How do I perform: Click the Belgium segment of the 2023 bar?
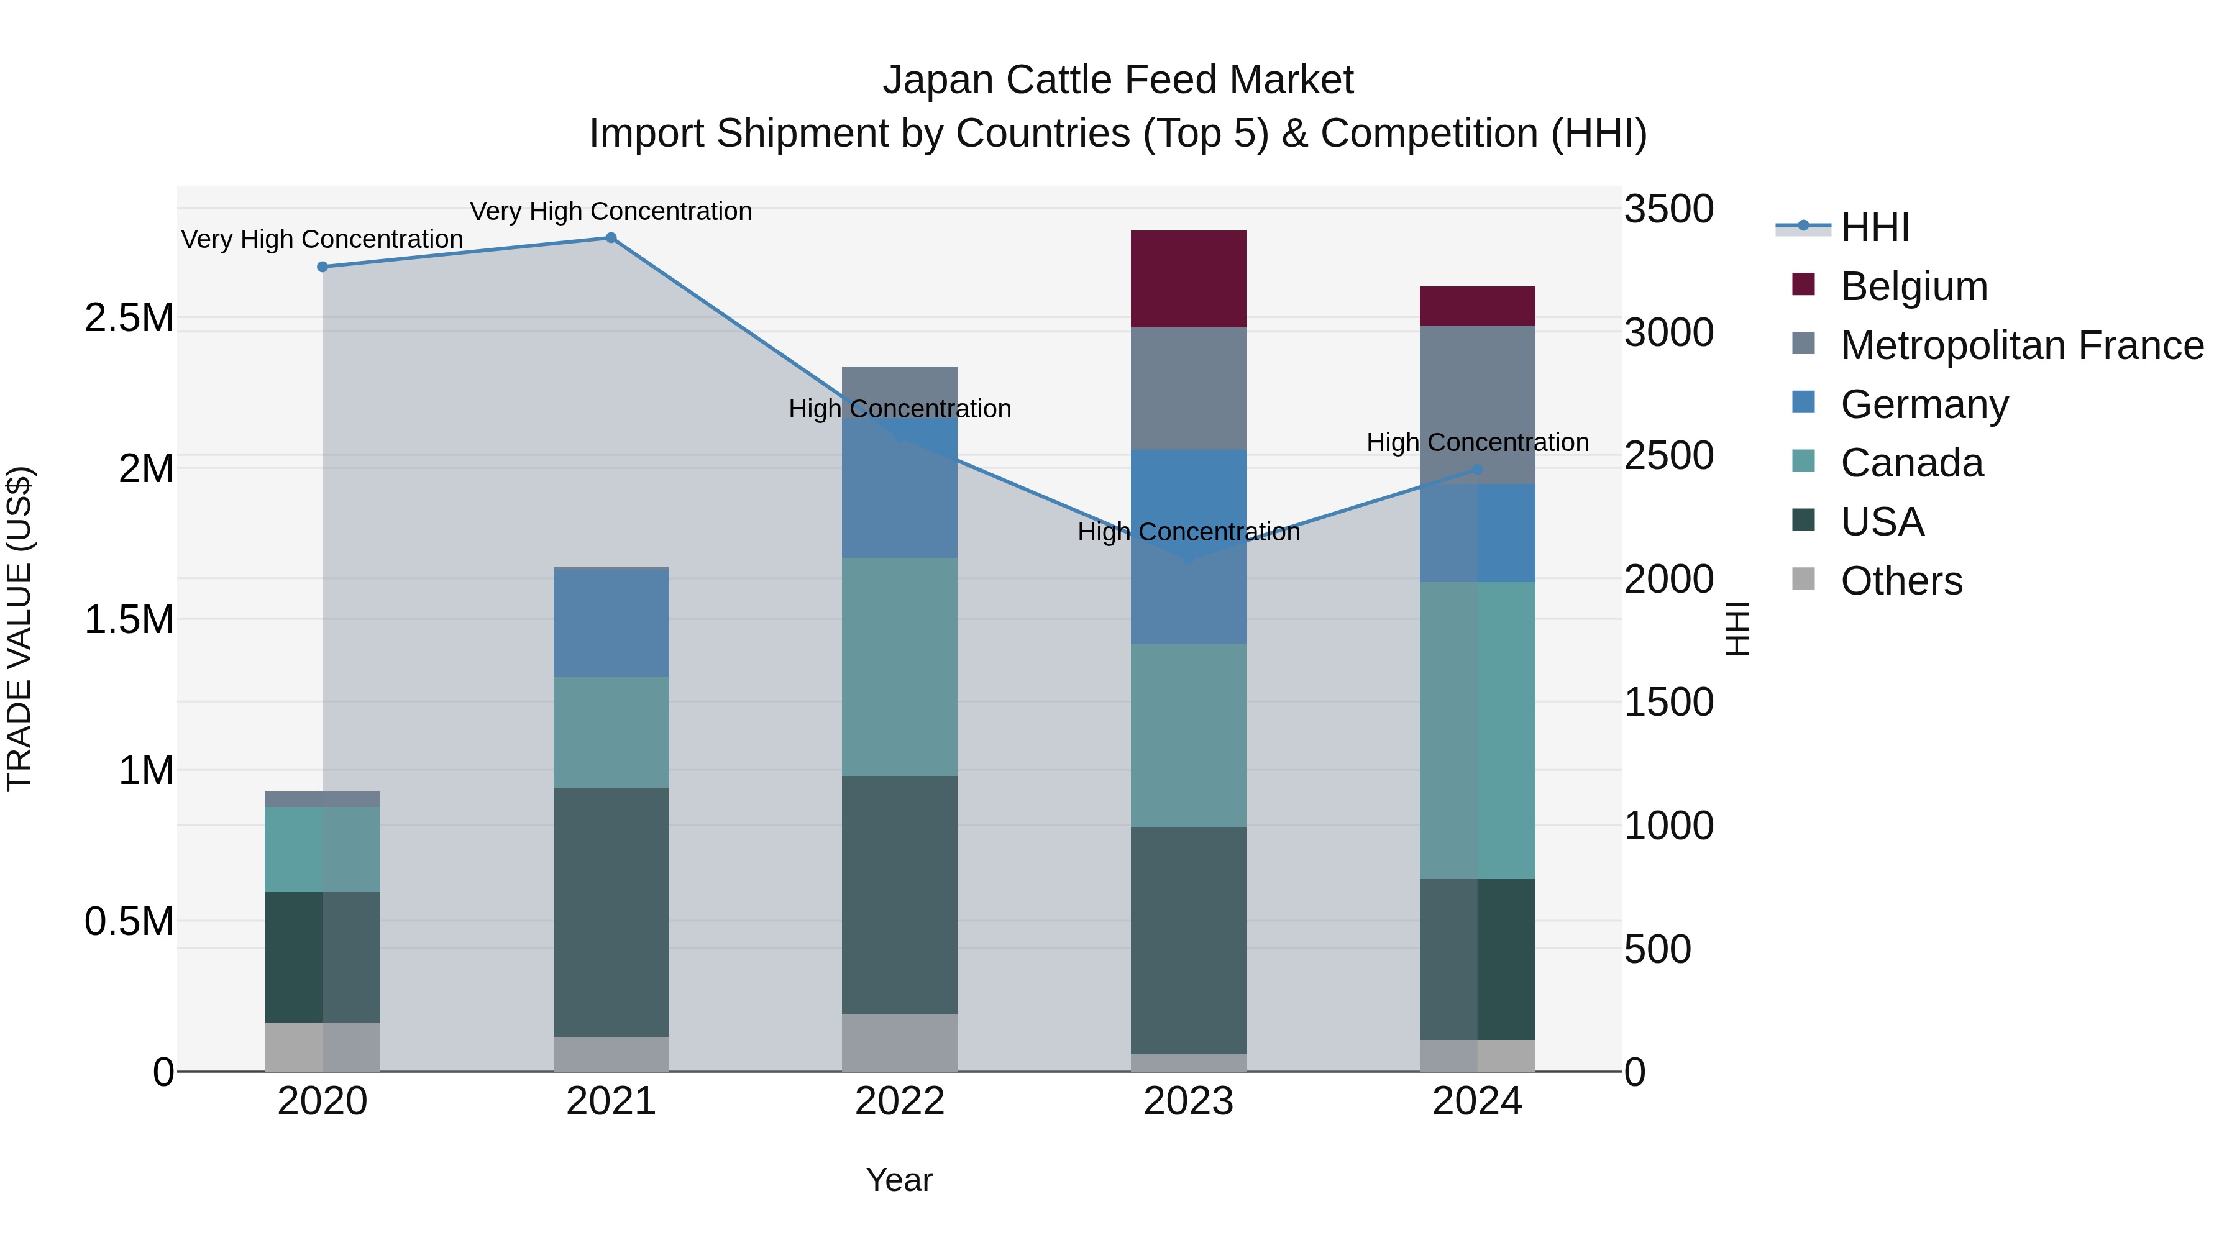point(1188,279)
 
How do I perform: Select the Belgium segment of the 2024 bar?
point(1477,306)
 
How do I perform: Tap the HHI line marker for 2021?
point(610,238)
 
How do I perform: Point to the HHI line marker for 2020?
point(322,267)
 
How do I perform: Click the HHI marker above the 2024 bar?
point(1477,470)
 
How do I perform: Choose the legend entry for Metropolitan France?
point(2021,345)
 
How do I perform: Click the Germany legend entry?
point(1924,404)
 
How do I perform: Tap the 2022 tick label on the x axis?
point(900,1101)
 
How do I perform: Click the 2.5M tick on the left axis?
point(129,317)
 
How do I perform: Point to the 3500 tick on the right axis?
point(1668,209)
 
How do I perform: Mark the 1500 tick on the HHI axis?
point(1668,703)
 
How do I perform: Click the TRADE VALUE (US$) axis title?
point(20,629)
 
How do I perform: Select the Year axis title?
point(899,1180)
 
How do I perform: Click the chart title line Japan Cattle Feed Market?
point(1118,80)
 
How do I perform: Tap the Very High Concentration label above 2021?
point(610,211)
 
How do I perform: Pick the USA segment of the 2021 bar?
point(610,911)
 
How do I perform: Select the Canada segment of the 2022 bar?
point(900,666)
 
